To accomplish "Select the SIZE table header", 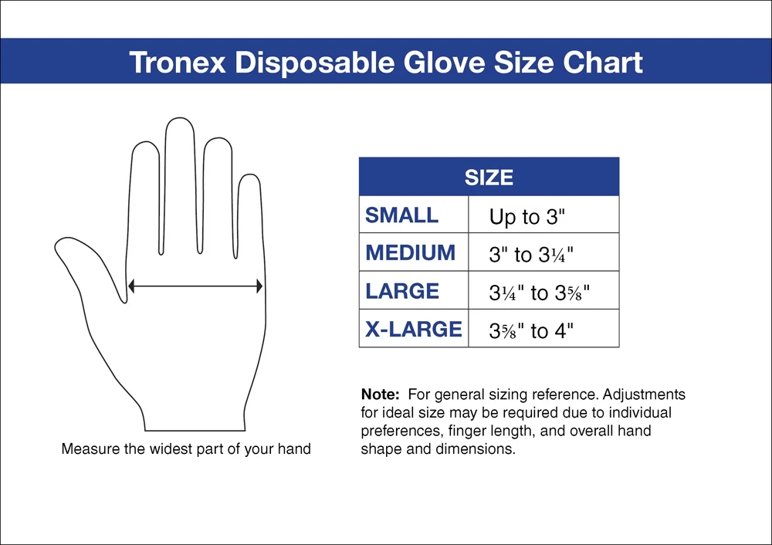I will pyautogui.click(x=489, y=178).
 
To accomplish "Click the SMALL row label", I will pyautogui.click(x=401, y=215).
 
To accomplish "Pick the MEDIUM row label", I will pyautogui.click(x=411, y=253).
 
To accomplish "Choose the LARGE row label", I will pyautogui.click(x=402, y=291).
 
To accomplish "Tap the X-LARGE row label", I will pyautogui.click(x=414, y=330).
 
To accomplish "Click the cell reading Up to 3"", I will pyautogui.click(x=528, y=217).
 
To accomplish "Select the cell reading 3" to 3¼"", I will pyautogui.click(x=533, y=255).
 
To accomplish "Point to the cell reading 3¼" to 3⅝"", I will pyautogui.click(x=543, y=293).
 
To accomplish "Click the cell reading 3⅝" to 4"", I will pyautogui.click(x=532, y=332).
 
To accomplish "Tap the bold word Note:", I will pyautogui.click(x=381, y=394).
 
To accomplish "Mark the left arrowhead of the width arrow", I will pyautogui.click(x=131, y=286).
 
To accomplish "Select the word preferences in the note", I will pyautogui.click(x=398, y=431).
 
